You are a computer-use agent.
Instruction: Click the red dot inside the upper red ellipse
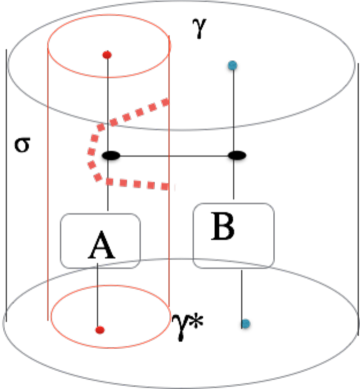107,54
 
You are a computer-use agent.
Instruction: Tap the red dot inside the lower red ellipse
99,329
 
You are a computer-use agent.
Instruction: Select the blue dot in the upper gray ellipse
232,65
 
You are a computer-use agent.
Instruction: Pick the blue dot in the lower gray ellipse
245,323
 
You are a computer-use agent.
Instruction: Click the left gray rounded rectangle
99,240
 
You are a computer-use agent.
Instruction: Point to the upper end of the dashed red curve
168,101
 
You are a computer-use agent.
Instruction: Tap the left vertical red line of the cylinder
49,180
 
